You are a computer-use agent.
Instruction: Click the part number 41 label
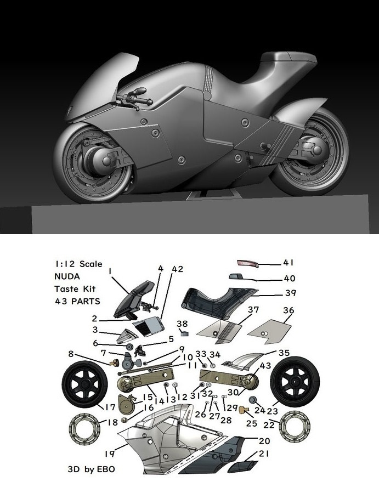click(x=288, y=262)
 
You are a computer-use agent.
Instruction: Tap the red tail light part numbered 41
click(x=247, y=263)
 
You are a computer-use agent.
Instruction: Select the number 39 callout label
click(x=291, y=293)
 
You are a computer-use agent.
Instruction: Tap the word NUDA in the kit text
click(x=67, y=276)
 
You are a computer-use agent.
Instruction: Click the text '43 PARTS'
click(x=77, y=301)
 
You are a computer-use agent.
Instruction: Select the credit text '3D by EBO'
click(x=91, y=469)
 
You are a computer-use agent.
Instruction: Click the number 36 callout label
click(x=288, y=310)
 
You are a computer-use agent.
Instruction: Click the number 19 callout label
click(x=110, y=454)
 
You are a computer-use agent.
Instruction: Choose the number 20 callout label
click(x=264, y=441)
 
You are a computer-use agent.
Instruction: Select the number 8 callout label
click(x=71, y=354)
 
